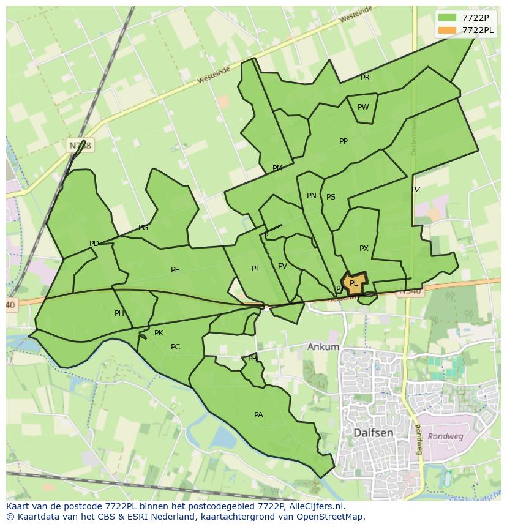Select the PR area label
365,78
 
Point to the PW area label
363,107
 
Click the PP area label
344,141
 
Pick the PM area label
277,168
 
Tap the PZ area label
416,190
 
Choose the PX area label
364,249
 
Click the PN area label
312,196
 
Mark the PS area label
331,197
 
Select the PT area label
256,269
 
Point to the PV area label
282,266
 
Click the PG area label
143,228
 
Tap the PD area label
94,244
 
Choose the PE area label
175,270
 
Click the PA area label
258,415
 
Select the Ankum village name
323,347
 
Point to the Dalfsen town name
374,433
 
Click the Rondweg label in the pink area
445,436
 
